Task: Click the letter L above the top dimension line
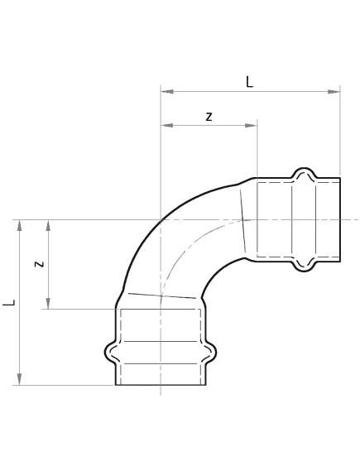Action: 250,82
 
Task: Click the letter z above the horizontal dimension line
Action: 209,117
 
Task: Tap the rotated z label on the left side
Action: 38,264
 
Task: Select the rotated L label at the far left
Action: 9,302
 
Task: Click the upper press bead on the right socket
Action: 303,173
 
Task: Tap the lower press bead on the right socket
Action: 303,266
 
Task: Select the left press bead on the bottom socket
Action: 109,352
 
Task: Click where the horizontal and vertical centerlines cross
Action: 161,220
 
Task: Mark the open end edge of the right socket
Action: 340,219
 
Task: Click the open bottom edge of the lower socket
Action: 161,385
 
